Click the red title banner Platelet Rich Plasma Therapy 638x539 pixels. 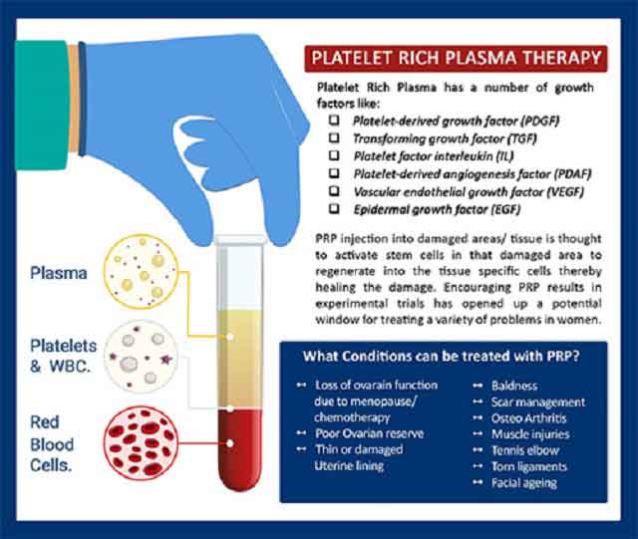456,58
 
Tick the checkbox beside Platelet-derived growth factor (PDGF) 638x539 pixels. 334,120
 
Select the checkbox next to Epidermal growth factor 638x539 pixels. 334,208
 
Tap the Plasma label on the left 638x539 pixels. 59,273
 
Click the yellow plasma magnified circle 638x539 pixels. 141,271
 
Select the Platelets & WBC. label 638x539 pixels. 63,356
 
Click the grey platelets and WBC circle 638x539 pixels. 141,357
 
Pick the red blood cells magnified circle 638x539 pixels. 141,443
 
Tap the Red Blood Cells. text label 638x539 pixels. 52,443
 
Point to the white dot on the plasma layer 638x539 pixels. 230,337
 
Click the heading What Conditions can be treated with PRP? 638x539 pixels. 442,357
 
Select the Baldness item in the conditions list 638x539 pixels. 514,386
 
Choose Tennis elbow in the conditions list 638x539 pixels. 525,450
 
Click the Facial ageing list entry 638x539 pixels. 524,483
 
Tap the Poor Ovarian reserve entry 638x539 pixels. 370,433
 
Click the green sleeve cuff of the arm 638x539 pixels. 41,105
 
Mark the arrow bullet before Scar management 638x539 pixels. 478,402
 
